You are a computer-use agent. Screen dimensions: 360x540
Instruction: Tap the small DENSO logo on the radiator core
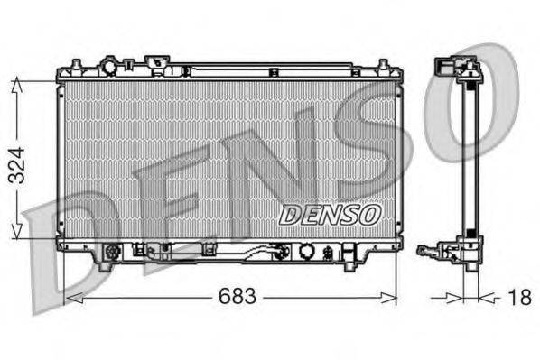(329, 214)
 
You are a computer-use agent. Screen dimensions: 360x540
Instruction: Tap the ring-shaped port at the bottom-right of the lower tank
(307, 252)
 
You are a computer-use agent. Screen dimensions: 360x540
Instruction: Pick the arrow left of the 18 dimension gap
(456, 295)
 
